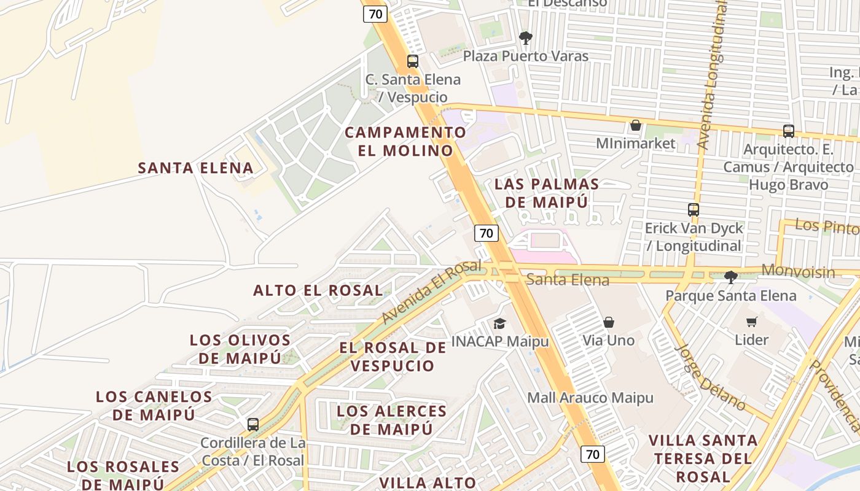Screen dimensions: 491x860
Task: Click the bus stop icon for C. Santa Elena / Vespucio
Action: (x=413, y=61)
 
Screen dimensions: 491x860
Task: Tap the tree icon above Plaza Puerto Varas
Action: (x=525, y=38)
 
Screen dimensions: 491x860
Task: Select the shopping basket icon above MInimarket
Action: (x=636, y=126)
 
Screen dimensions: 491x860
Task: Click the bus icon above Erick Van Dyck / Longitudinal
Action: (x=694, y=209)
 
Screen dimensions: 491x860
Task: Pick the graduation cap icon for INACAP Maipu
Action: (x=500, y=323)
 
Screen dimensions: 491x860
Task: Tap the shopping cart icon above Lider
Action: (x=751, y=322)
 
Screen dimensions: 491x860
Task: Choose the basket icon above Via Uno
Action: (x=609, y=322)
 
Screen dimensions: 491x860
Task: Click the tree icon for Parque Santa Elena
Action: (x=730, y=277)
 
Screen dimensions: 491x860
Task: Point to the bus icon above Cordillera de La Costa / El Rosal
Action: (x=252, y=424)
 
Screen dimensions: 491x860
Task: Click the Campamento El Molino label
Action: (x=405, y=141)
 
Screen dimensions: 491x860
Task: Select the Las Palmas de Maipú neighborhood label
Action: (x=547, y=193)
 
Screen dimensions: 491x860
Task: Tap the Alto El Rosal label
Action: (x=318, y=290)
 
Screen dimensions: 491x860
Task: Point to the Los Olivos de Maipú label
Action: (x=240, y=349)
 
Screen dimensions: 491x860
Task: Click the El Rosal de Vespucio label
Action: (x=393, y=357)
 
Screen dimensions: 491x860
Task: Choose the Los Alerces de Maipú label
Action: (x=392, y=420)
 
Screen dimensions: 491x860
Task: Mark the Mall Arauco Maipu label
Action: (x=590, y=398)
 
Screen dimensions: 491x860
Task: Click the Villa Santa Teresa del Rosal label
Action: (x=703, y=458)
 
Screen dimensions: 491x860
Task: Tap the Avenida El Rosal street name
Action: (x=431, y=292)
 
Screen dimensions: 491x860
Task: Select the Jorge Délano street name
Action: (x=710, y=377)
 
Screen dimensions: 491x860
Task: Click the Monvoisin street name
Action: (x=798, y=271)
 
